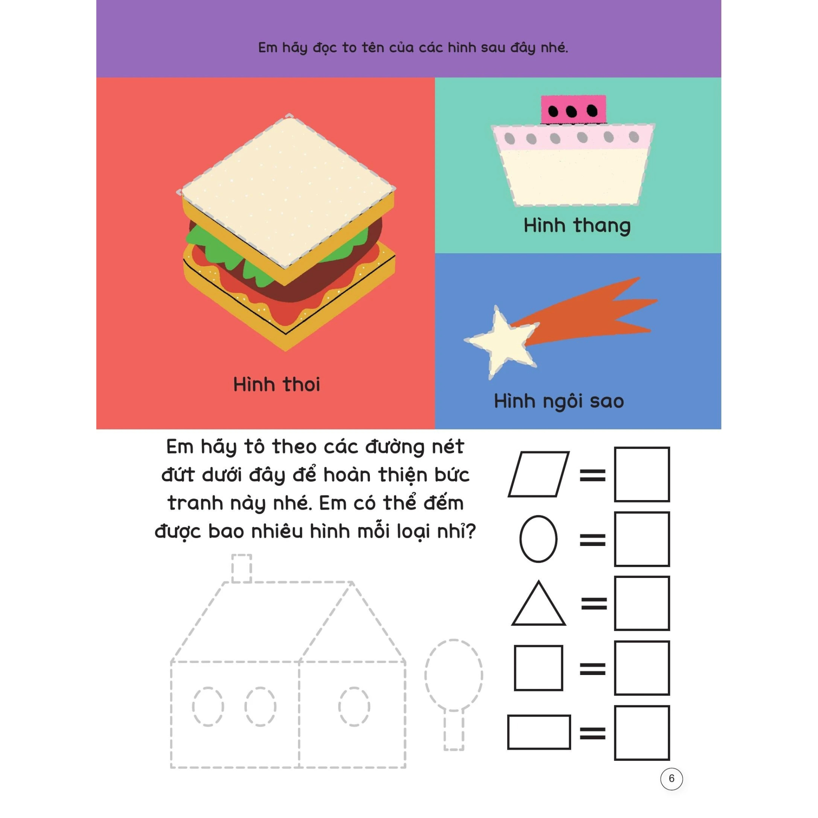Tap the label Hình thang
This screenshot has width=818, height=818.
tap(577, 225)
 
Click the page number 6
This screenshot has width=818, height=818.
tap(671, 778)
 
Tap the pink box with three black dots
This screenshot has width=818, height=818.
tap(573, 110)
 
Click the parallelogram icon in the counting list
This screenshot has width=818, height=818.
tap(538, 474)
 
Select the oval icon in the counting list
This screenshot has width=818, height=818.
tap(538, 538)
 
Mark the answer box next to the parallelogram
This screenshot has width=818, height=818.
tap(642, 474)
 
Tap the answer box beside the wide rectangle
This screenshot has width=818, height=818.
tap(642, 733)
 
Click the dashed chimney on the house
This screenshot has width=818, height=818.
tap(242, 569)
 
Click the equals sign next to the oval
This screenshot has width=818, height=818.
tap(593, 540)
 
